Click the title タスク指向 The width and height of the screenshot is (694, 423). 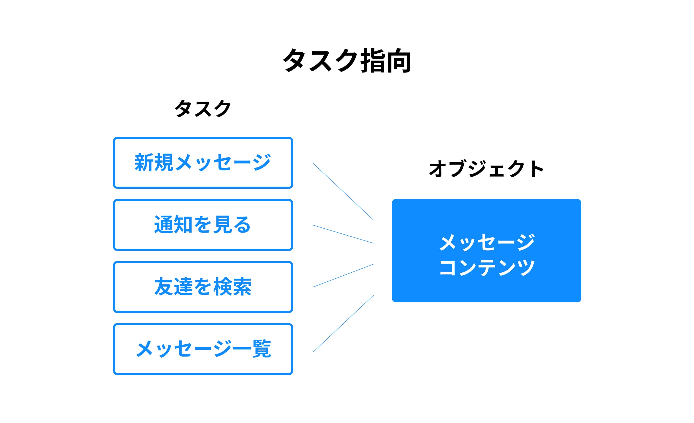pyautogui.click(x=347, y=60)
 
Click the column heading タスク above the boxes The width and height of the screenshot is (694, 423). pyautogui.click(x=203, y=108)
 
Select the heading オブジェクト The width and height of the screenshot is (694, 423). pyautogui.click(x=486, y=169)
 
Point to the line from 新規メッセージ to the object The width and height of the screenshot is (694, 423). pyautogui.click(x=343, y=191)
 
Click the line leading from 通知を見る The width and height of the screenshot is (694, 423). pyautogui.click(x=343, y=234)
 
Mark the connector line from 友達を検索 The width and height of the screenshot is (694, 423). pyautogui.click(x=343, y=276)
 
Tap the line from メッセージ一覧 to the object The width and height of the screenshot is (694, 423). pyautogui.click(x=343, y=324)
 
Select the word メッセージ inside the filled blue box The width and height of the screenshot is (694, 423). pyautogui.click(x=487, y=242)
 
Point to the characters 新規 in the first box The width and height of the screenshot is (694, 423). pyautogui.click(x=154, y=163)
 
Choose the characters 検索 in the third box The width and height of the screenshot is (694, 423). pyautogui.click(x=232, y=287)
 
